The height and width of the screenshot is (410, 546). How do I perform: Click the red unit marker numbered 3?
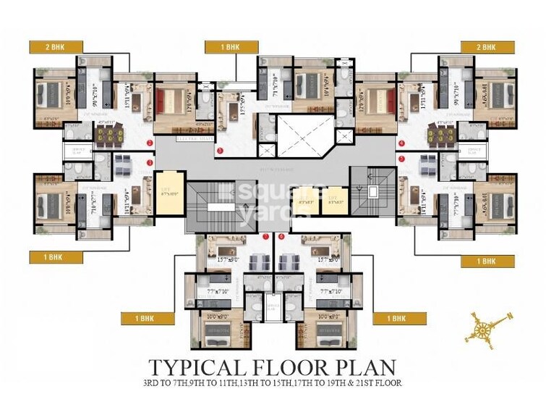tap(219, 151)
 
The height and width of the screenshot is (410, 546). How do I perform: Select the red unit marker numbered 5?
tap(402, 142)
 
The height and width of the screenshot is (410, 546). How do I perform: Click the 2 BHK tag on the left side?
tap(54, 47)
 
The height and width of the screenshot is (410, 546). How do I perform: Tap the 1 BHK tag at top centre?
tap(231, 47)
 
